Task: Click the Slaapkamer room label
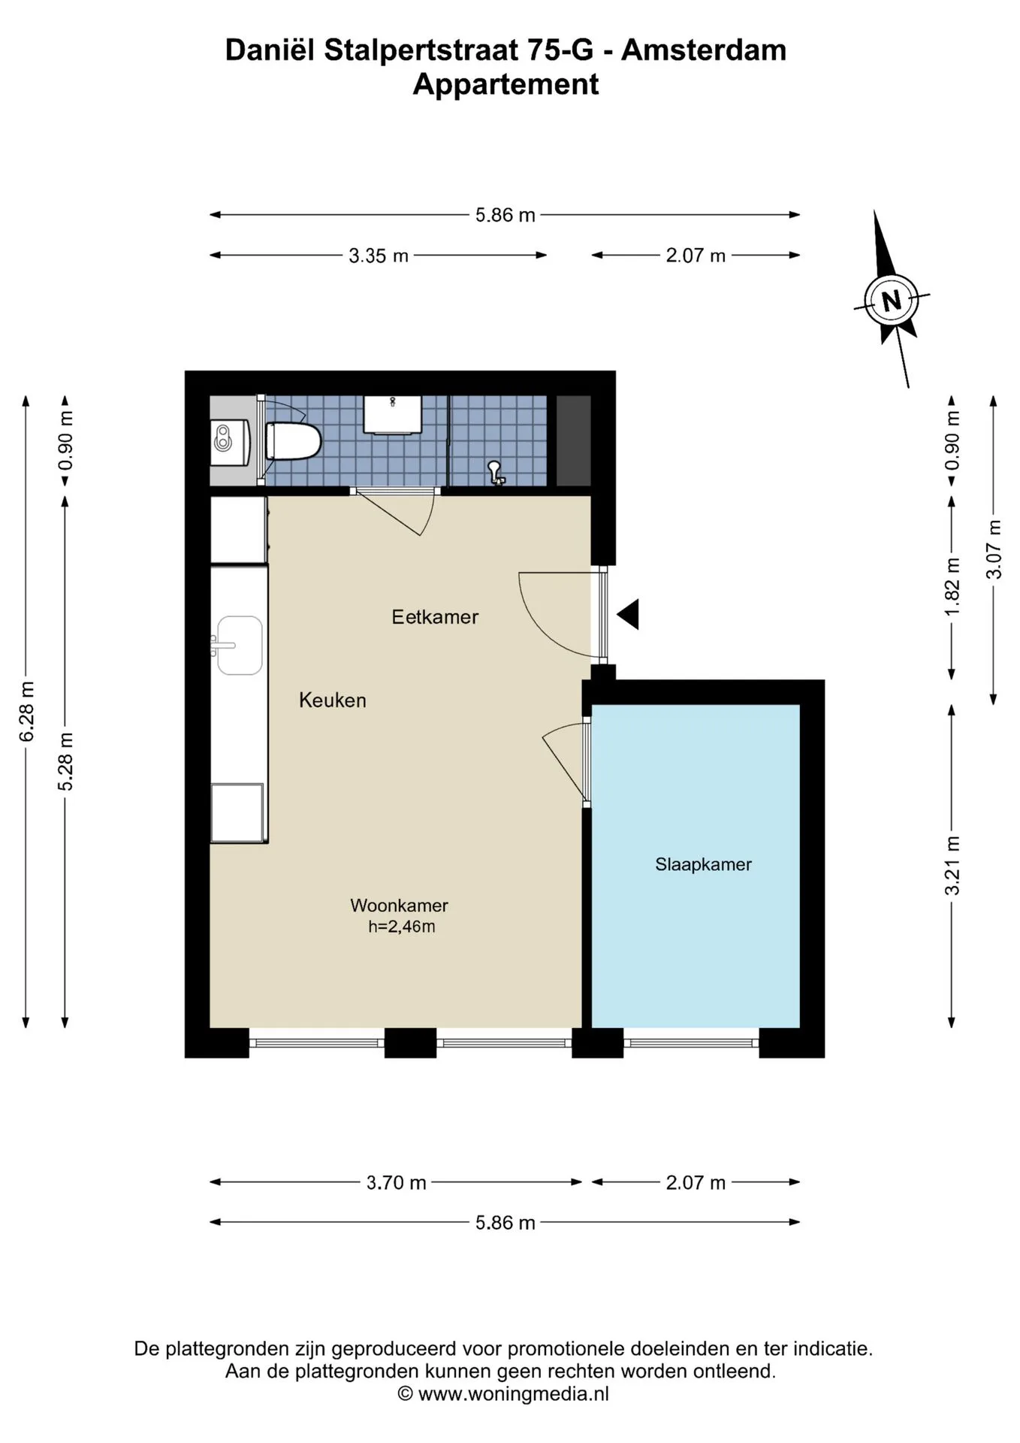tap(703, 864)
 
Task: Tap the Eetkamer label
tap(435, 617)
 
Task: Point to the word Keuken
tap(333, 700)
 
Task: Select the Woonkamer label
tap(399, 906)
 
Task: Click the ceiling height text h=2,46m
tap(402, 927)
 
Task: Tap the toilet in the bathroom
tap(293, 441)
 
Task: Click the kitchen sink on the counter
tap(240, 646)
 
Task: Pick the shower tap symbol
tap(496, 472)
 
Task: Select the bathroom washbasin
tap(393, 415)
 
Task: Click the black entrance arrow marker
tap(629, 614)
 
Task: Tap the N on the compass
tap(892, 301)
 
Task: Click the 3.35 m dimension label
tap(379, 256)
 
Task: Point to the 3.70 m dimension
tap(397, 1182)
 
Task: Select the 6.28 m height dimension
tap(26, 711)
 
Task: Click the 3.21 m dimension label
tap(952, 865)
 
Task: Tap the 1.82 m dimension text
tap(952, 586)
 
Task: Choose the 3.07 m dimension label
tap(993, 549)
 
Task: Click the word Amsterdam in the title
tap(704, 50)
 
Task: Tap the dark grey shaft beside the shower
tap(573, 441)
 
